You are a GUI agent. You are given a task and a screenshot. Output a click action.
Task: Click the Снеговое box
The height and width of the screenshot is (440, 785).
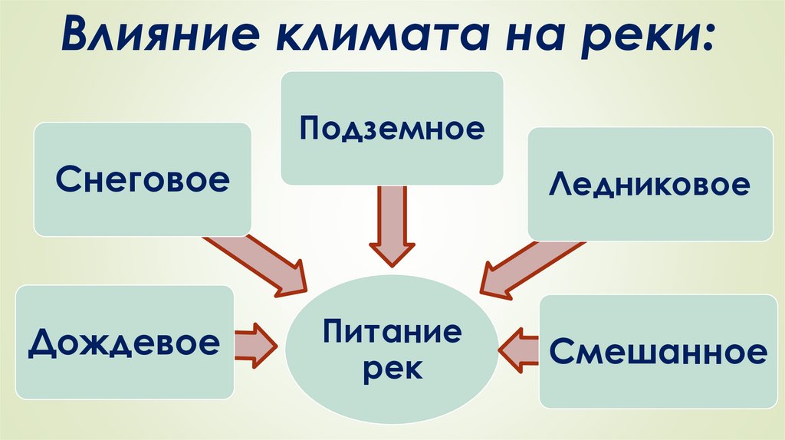pyautogui.click(x=143, y=179)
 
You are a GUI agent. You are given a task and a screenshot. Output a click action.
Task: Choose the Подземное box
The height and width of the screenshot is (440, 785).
pyautogui.click(x=392, y=128)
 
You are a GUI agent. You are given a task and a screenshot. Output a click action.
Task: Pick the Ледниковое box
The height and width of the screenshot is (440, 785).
pyautogui.click(x=649, y=184)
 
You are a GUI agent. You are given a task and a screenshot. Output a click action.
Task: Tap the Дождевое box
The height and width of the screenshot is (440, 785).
pyautogui.click(x=124, y=342)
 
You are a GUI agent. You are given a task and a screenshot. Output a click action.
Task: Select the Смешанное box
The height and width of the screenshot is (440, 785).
pyautogui.click(x=658, y=351)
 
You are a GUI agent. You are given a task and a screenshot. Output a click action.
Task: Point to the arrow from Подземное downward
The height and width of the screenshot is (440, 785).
pyautogui.click(x=392, y=227)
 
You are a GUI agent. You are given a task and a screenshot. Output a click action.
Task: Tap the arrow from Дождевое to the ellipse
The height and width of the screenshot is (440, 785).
pyautogui.click(x=255, y=342)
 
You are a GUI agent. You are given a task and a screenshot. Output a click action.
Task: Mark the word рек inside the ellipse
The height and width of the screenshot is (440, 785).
pyautogui.click(x=392, y=369)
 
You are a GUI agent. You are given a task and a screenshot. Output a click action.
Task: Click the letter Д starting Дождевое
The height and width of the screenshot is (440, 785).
pyautogui.click(x=42, y=343)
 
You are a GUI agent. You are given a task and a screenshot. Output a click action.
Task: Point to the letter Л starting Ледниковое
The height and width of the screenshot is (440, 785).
pyautogui.click(x=558, y=185)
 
